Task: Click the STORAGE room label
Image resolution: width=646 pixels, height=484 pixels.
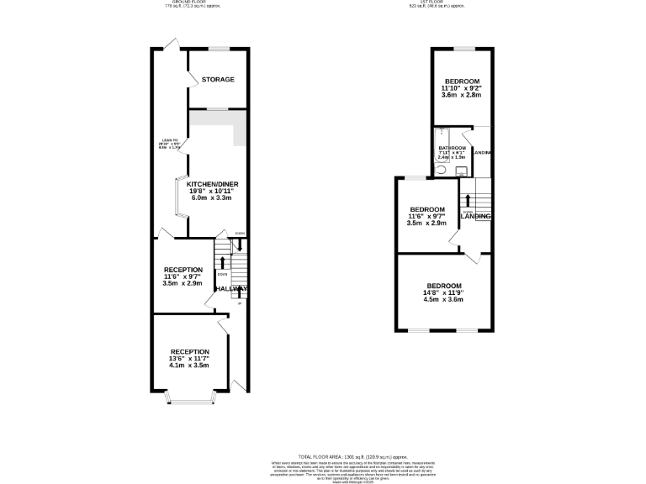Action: [217, 79]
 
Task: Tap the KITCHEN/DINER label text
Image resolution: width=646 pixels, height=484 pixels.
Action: [210, 183]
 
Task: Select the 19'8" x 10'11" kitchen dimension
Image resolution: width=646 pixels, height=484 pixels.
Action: [210, 191]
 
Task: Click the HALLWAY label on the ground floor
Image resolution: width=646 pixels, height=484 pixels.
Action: [230, 288]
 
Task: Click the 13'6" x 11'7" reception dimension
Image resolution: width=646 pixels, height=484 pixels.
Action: [188, 359]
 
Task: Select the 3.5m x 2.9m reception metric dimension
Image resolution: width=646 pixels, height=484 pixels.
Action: [183, 283]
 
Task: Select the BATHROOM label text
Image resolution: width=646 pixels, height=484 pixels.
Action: [452, 148]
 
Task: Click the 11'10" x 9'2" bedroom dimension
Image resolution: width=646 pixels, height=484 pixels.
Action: [461, 87]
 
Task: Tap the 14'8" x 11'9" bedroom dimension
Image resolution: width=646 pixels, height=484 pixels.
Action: [443, 292]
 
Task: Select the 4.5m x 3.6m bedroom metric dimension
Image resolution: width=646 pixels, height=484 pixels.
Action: [443, 300]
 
